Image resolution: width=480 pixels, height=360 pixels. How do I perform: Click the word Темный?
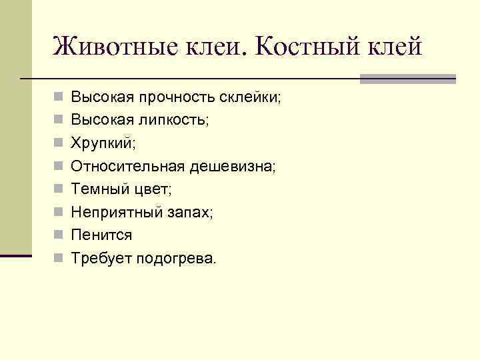(x=100, y=189)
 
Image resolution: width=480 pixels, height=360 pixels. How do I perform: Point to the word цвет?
(x=153, y=189)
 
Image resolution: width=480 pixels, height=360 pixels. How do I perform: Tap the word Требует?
(x=101, y=258)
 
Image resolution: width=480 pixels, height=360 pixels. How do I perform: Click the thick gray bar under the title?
(x=407, y=79)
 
